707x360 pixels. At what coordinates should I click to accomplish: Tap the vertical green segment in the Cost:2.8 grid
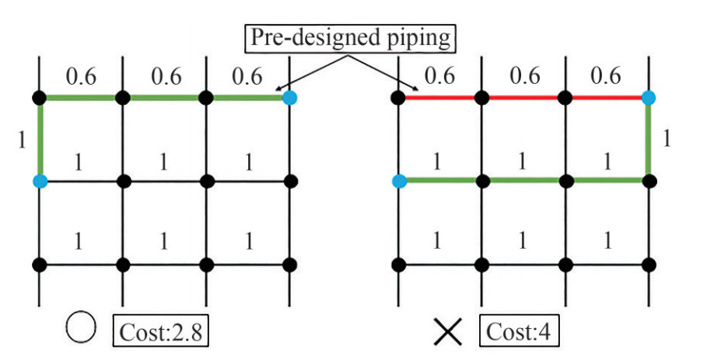[x=40, y=140]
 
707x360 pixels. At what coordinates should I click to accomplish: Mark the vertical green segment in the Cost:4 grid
[x=649, y=140]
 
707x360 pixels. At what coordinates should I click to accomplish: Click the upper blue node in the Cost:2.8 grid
[x=289, y=98]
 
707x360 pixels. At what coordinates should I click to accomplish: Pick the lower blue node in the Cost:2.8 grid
[x=40, y=181]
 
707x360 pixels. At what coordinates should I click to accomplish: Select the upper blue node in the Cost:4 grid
[x=649, y=98]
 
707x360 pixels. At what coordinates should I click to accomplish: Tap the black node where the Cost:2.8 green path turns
[x=40, y=98]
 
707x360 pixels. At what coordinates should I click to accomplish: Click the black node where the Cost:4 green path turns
[x=649, y=181]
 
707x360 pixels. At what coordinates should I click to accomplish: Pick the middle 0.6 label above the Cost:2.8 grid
[x=164, y=76]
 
